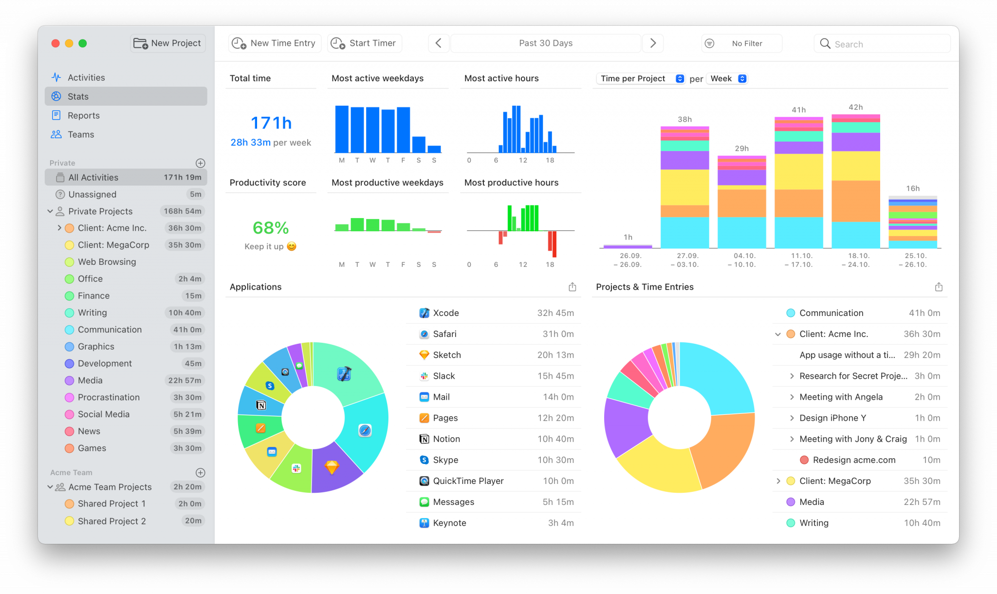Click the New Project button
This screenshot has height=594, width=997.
[x=167, y=43]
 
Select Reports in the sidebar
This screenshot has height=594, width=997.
[x=83, y=115]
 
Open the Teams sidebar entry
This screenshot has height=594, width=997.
[x=81, y=134]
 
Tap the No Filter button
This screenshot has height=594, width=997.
[x=741, y=43]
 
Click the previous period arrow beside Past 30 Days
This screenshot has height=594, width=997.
[x=438, y=43]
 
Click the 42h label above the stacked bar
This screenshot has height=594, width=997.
[x=855, y=107]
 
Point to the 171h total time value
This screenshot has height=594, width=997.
[x=271, y=123]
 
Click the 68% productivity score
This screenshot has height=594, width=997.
[x=271, y=227]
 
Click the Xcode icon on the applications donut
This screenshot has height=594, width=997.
[x=344, y=374]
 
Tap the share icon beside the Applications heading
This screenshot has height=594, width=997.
[x=572, y=287]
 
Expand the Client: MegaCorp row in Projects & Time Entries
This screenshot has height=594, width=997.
[x=778, y=481]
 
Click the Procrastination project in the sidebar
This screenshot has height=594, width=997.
[x=109, y=397]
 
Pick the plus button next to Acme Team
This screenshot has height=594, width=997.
[x=200, y=473]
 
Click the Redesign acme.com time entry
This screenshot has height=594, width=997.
[x=853, y=460]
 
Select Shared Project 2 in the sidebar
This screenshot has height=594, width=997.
[x=111, y=521]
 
